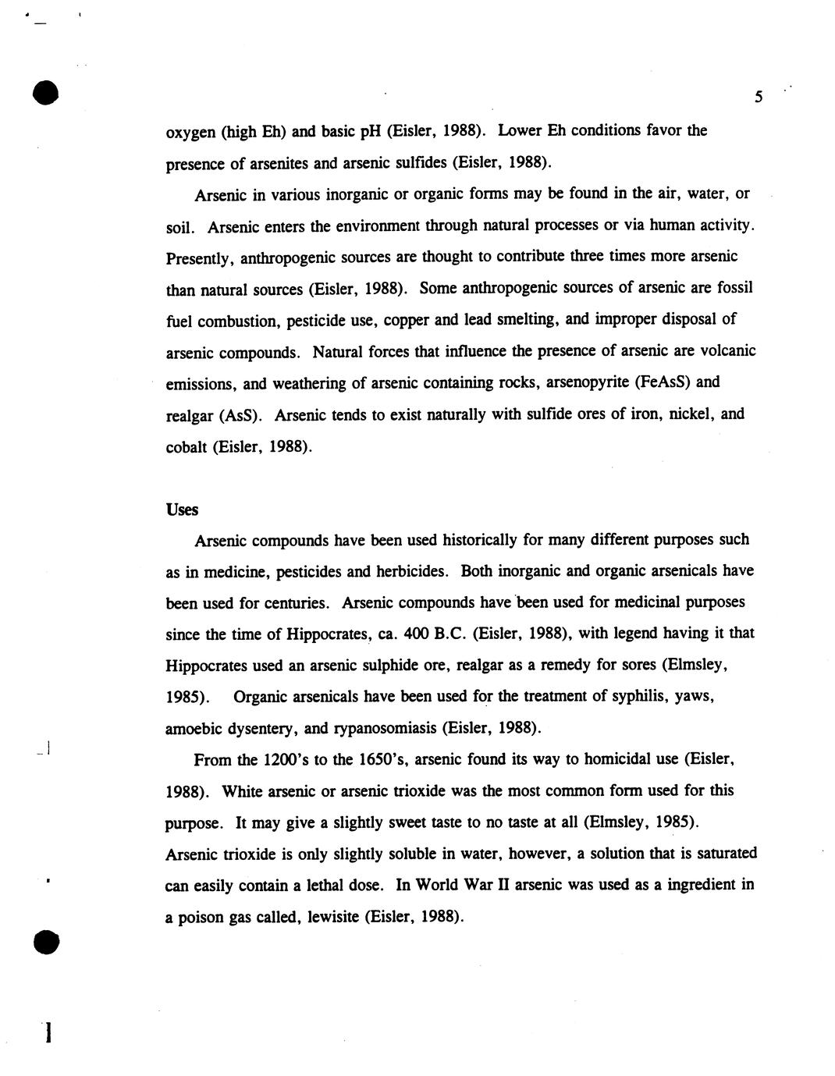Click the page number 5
[758, 98]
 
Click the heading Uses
[182, 510]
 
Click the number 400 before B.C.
[417, 634]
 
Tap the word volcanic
[727, 351]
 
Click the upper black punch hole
[46, 92]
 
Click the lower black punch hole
[46, 942]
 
